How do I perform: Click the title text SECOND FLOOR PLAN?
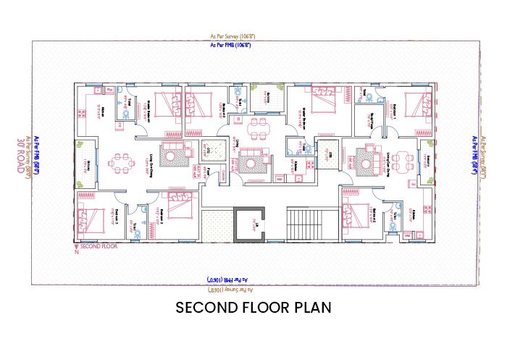(x=253, y=307)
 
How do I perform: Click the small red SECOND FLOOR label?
(x=99, y=246)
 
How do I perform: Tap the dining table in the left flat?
(x=120, y=160)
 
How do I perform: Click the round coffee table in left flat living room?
(x=172, y=154)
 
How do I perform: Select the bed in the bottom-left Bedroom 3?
(x=89, y=219)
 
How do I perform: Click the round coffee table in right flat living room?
(x=366, y=156)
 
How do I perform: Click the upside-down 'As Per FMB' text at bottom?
(x=230, y=278)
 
